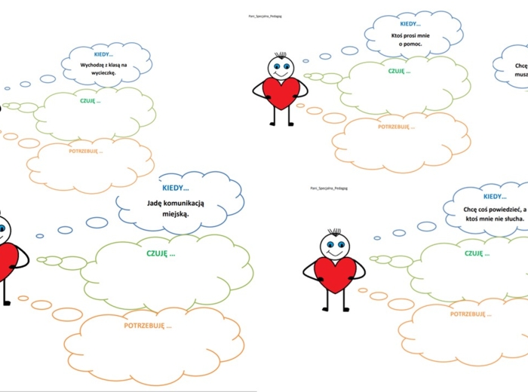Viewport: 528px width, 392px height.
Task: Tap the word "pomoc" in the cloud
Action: (418, 44)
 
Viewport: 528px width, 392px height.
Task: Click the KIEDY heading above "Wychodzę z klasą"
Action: (104, 54)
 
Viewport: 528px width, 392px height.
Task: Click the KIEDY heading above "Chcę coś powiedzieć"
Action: (494, 197)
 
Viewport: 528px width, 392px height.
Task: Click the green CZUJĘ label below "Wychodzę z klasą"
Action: (89, 100)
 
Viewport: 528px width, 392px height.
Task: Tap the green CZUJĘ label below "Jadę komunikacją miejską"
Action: (161, 253)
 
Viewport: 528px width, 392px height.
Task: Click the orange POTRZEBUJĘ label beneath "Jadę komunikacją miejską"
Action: (148, 326)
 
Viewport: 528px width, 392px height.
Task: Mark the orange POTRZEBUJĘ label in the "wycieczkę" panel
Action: (85, 152)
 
